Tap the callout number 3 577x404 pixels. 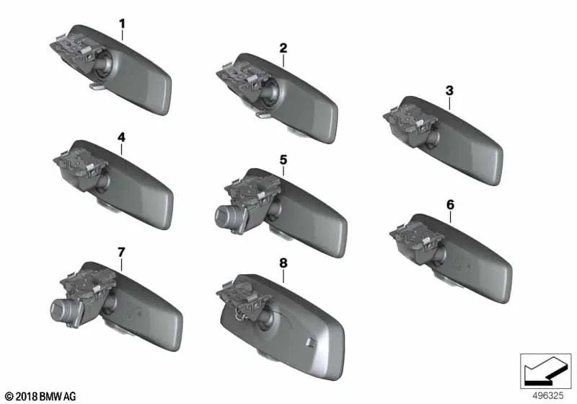coord(449,91)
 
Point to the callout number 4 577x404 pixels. coord(121,136)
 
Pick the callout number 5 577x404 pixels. coord(283,159)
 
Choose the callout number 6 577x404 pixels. coord(450,204)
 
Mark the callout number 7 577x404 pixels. coord(121,252)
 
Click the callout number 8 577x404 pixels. coord(283,265)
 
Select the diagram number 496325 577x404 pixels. coord(547,396)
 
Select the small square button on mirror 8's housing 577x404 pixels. coord(309,342)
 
